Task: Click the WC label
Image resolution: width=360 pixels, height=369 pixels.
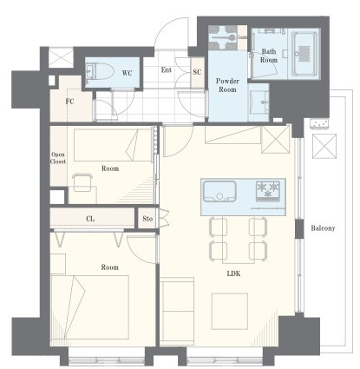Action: [x=127, y=73]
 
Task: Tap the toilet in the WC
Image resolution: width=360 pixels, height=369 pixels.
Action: [x=100, y=71]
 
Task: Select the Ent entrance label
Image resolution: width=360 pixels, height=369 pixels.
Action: [x=167, y=69]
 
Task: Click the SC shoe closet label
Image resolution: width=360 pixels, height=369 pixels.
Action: [x=197, y=72]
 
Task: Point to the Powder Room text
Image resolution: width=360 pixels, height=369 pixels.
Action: [x=227, y=85]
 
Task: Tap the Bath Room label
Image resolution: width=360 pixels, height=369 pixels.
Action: [x=269, y=56]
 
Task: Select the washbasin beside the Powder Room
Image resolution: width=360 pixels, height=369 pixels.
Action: [x=260, y=102]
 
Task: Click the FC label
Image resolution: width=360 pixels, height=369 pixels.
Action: [x=69, y=102]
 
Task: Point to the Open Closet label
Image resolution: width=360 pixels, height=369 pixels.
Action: [x=58, y=158]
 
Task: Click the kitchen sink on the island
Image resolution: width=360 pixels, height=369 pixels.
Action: [x=219, y=191]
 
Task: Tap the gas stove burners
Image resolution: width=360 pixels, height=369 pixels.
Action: [x=268, y=189]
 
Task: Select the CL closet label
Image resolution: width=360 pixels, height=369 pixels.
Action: [x=90, y=219]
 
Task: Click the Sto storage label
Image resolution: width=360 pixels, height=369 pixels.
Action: [x=147, y=219]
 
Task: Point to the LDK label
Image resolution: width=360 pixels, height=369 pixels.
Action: [x=233, y=273]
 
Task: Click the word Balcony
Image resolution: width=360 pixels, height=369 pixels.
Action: [x=323, y=228]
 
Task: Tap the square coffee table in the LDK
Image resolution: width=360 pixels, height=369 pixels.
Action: [x=230, y=312]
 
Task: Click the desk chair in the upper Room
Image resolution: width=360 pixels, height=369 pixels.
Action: [x=82, y=182]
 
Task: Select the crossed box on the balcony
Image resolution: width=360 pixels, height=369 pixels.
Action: [x=324, y=146]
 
